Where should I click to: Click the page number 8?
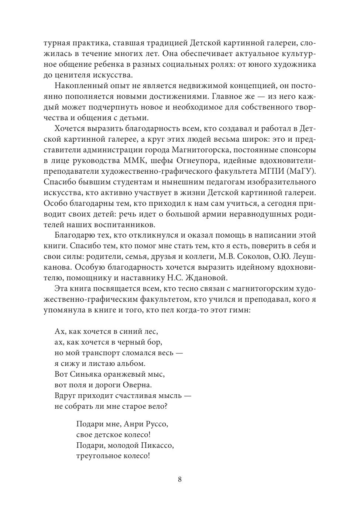pyautogui.click(x=180, y=479)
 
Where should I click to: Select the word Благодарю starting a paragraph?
pyautogui.click(x=75, y=235)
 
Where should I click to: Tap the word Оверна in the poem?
pyautogui.click(x=138, y=385)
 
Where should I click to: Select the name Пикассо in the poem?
pyautogui.click(x=158, y=445)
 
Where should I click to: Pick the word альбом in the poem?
pyautogui.click(x=131, y=363)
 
